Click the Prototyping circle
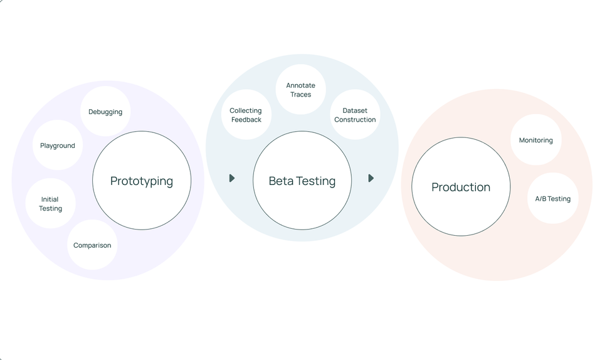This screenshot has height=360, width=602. [x=142, y=181]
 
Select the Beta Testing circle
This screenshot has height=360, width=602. [x=302, y=181]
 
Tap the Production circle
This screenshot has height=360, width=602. [x=461, y=187]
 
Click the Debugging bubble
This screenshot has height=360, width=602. [x=105, y=112]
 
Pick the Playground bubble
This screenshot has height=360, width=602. [x=58, y=146]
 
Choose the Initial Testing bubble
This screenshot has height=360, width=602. [x=50, y=204]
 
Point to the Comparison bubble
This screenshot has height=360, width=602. [x=92, y=245]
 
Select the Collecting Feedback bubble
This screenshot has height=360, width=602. [x=246, y=115]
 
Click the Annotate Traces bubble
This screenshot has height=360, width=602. [x=301, y=90]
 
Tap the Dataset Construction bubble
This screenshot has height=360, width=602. [x=355, y=115]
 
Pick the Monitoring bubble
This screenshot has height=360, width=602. [x=536, y=140]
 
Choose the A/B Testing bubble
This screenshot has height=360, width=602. [x=552, y=199]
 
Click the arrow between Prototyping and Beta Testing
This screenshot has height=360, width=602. [x=232, y=178]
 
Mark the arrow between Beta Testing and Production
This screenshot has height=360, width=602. [x=371, y=178]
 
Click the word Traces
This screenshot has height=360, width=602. [x=301, y=95]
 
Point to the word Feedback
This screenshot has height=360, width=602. [x=246, y=120]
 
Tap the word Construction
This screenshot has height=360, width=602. [x=355, y=120]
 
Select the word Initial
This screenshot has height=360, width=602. [x=50, y=199]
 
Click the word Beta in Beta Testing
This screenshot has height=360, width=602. [x=281, y=181]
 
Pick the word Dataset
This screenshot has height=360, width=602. [x=355, y=110]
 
